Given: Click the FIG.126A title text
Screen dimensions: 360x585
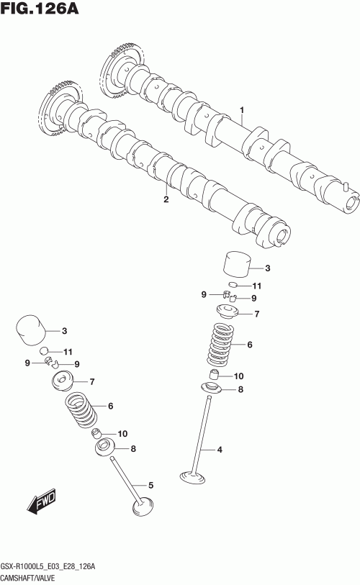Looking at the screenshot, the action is coord(40,8).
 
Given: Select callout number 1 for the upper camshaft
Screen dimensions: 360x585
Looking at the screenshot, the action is coord(242,110).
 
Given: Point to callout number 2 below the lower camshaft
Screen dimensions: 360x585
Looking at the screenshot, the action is coord(166,199).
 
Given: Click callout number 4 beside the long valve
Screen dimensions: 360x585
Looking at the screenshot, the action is coord(220,450).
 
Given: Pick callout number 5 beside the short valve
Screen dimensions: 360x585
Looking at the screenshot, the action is coord(151,486).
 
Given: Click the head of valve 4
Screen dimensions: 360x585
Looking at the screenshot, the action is coord(193,478).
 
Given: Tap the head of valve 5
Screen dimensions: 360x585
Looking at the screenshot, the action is coord(143,507).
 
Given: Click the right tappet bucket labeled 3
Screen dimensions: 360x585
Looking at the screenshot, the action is coord(236,265).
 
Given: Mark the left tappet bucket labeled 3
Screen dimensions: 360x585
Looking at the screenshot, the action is coord(31,330).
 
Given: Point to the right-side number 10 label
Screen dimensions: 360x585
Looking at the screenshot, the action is coord(238,376).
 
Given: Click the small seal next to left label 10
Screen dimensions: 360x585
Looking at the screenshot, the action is coord(97,433).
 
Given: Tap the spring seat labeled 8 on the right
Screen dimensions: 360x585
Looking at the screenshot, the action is coord(211,389).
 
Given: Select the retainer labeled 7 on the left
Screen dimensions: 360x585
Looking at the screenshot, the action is coord(62,381).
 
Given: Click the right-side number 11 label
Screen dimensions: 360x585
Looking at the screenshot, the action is coord(256,286).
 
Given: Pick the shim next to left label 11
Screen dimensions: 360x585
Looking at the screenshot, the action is coord(45,350).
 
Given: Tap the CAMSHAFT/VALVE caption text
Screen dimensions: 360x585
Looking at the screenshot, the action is coord(28,579).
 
